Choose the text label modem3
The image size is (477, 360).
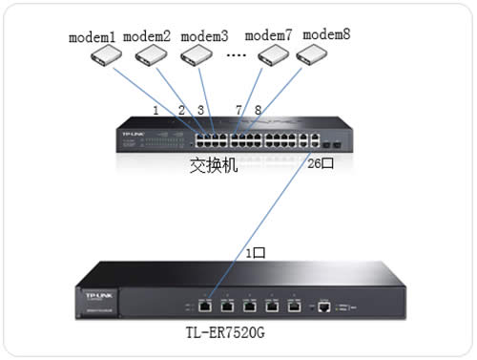[204, 37]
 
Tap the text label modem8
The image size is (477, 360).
[327, 33]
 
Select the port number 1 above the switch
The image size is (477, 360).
[156, 110]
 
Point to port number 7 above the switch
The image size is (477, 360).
[238, 110]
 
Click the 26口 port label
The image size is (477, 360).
[321, 163]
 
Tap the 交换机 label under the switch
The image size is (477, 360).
[213, 166]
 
